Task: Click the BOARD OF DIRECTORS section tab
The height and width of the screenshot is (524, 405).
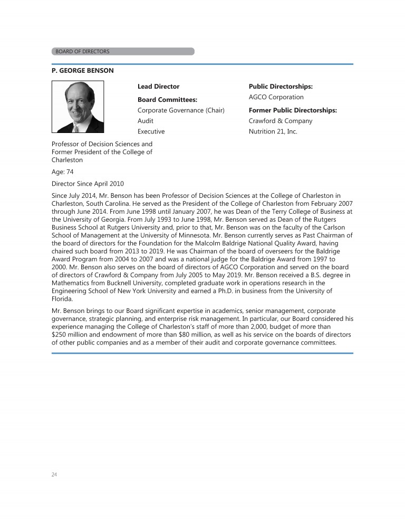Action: pyautogui.click(x=83, y=51)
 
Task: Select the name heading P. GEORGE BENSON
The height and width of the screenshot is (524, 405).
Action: pyautogui.click(x=82, y=70)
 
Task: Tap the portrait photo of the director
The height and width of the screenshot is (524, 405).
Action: pyautogui.click(x=78, y=107)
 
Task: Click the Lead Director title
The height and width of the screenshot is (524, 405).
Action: pyautogui.click(x=158, y=87)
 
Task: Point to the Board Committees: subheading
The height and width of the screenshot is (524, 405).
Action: pyautogui.click(x=167, y=99)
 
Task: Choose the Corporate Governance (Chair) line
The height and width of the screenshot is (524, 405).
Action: pyautogui.click(x=181, y=110)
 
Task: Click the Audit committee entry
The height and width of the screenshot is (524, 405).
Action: pyautogui.click(x=146, y=121)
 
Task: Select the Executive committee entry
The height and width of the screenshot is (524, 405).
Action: pyautogui.click(x=151, y=131)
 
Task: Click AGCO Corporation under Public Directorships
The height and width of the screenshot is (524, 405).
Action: pyautogui.click(x=276, y=97)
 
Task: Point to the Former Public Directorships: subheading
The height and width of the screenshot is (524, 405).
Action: pyautogui.click(x=293, y=110)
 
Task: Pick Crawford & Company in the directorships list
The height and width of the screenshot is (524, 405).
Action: pyautogui.click(x=280, y=121)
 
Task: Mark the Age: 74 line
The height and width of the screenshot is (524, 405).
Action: pyautogui.click(x=62, y=172)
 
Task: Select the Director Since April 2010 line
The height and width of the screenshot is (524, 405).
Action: pyautogui.click(x=88, y=184)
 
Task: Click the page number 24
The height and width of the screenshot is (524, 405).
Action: pyautogui.click(x=54, y=474)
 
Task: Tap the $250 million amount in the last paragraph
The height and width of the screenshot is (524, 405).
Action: pyautogui.click(x=70, y=335)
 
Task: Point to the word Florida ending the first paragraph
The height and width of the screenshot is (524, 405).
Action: pyautogui.click(x=62, y=298)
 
